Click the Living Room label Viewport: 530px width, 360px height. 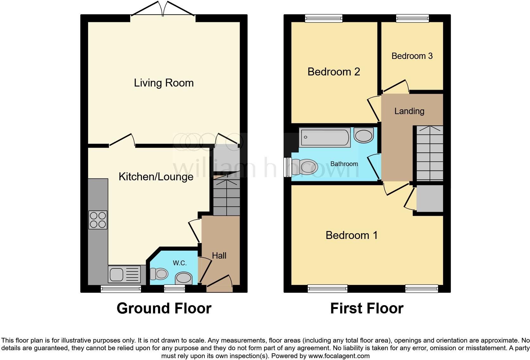point(164,83)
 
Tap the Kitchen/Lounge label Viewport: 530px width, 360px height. point(156,177)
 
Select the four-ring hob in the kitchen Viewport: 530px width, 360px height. point(98,220)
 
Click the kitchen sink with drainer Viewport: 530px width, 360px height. point(124,274)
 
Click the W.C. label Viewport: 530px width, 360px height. point(179,263)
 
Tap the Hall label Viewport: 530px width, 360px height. point(219,255)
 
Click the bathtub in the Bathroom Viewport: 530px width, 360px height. point(325,137)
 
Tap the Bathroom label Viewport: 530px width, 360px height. point(344,164)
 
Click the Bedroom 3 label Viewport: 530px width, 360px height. point(412,56)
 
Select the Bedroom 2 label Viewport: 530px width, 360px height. point(333,72)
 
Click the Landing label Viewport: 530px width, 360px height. point(409,111)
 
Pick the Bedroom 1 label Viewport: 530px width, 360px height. point(352,235)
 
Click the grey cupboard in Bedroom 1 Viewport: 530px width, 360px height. point(430,199)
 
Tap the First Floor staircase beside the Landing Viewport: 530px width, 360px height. point(429,153)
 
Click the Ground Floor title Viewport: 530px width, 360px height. point(164,308)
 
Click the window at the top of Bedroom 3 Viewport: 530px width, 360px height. point(412,19)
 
